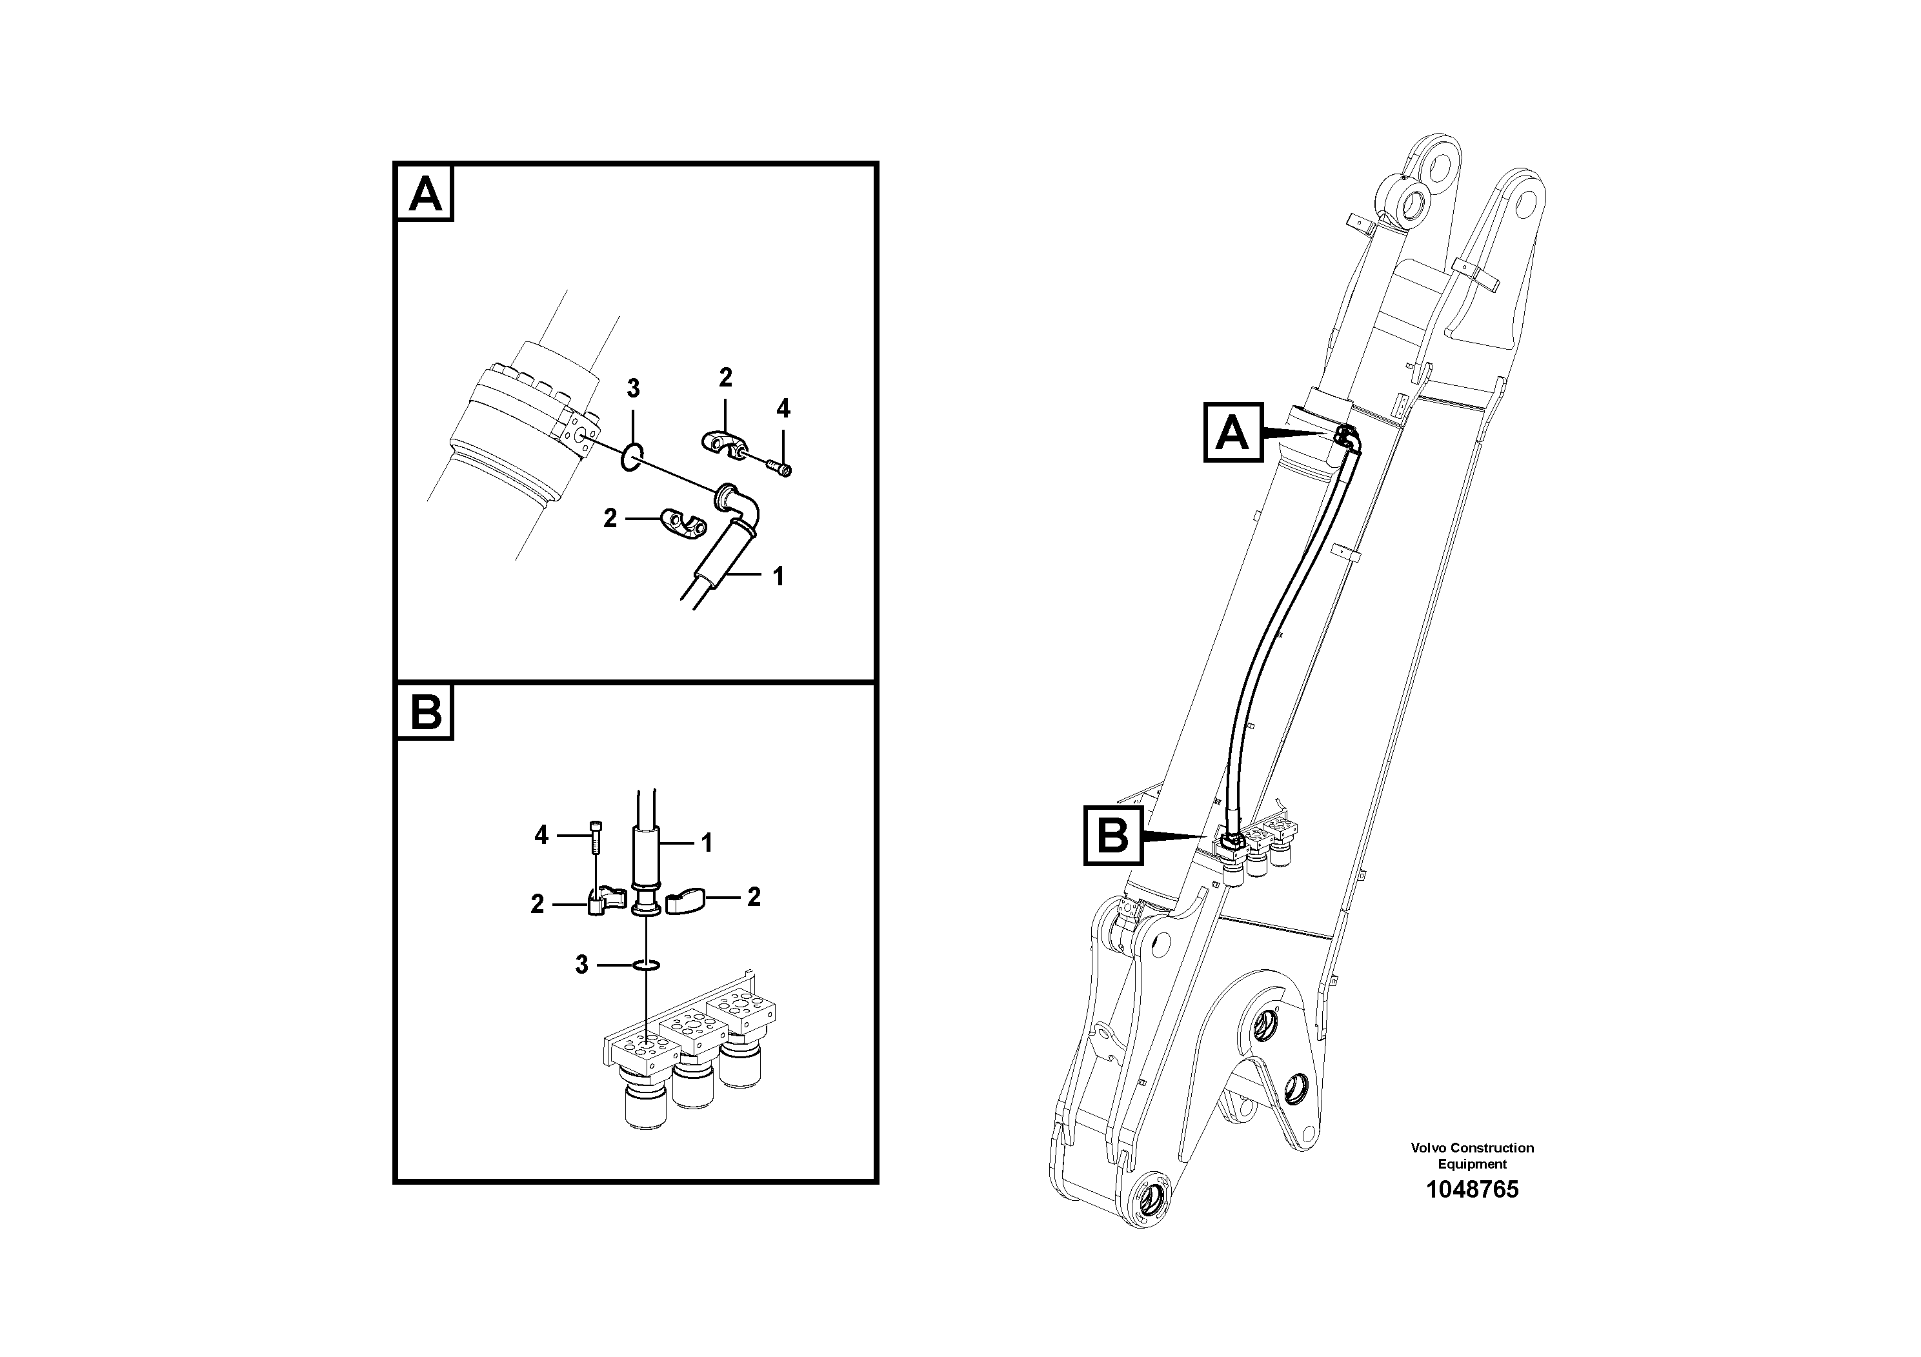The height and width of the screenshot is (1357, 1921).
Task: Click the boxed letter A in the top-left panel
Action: click(x=425, y=194)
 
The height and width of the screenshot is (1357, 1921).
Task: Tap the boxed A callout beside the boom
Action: click(x=1232, y=432)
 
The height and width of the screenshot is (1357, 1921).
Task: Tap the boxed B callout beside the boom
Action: click(x=1112, y=835)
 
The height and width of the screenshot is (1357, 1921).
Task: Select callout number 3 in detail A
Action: click(x=634, y=389)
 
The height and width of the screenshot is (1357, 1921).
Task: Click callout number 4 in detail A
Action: click(x=783, y=409)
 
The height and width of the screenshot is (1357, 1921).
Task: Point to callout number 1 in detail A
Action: click(x=778, y=576)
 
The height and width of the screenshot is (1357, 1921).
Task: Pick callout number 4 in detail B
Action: click(x=541, y=835)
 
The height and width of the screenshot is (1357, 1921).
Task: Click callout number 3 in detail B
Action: click(x=581, y=965)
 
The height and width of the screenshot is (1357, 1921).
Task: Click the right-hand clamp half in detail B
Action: click(x=685, y=901)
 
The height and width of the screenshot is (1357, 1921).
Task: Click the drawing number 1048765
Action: click(x=1472, y=1190)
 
